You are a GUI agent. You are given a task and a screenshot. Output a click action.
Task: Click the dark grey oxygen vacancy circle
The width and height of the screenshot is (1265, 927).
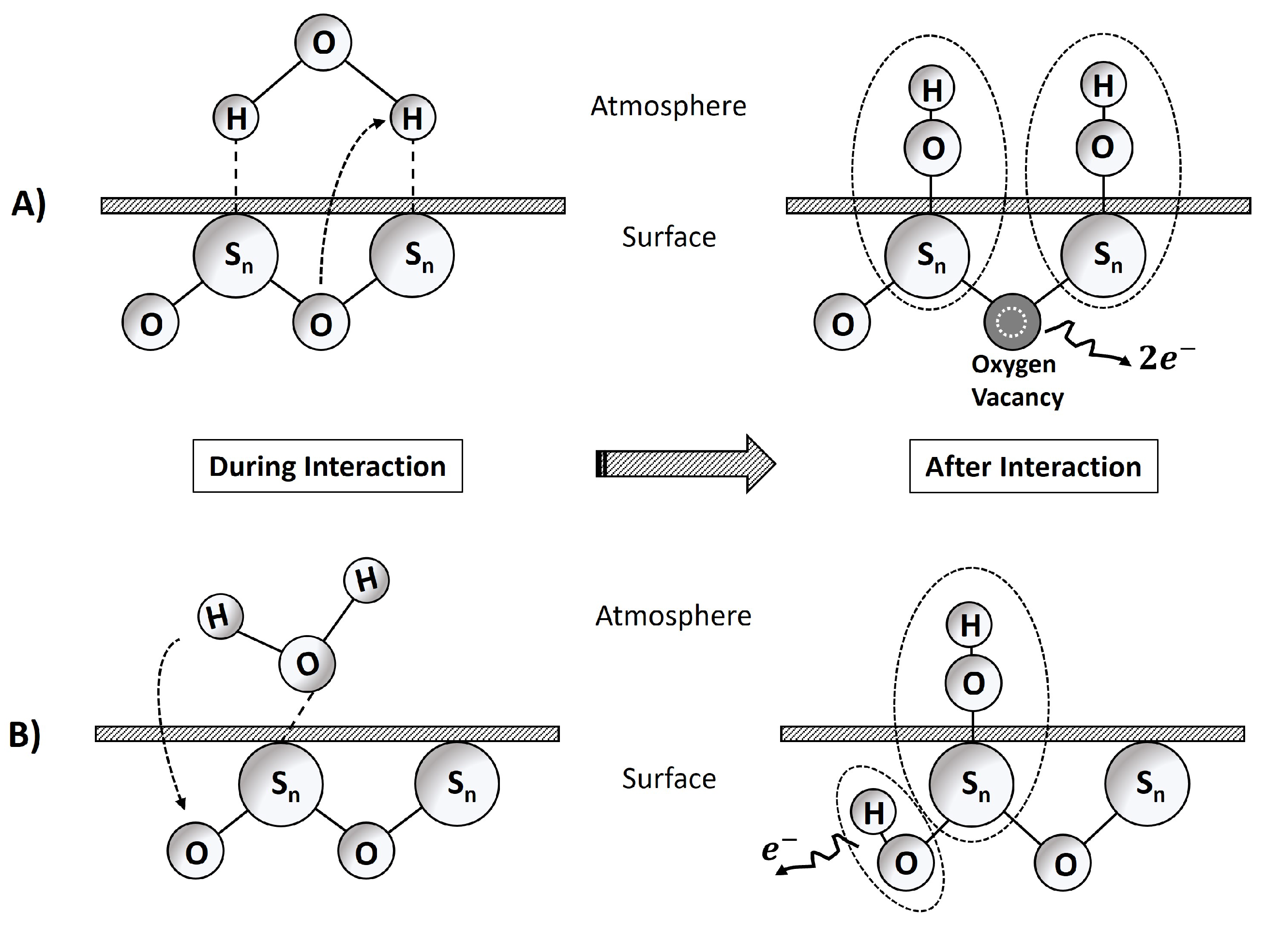[1012, 322]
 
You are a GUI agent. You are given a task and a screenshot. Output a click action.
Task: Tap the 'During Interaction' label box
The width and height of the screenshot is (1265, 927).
[328, 466]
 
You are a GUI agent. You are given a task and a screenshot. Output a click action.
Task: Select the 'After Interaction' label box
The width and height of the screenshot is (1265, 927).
[1033, 466]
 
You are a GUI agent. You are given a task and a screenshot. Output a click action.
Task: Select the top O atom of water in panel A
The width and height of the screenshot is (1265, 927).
[324, 43]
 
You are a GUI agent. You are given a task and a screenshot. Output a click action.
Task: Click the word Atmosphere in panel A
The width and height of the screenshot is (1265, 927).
[668, 106]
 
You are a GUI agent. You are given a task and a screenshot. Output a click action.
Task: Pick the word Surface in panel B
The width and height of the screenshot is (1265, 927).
[669, 779]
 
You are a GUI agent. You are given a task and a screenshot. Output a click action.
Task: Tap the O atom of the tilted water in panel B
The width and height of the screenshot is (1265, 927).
[307, 664]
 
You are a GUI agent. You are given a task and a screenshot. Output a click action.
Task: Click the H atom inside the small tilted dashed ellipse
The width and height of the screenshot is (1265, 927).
[873, 813]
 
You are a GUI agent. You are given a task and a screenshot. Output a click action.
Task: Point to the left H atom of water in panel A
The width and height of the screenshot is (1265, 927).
[236, 118]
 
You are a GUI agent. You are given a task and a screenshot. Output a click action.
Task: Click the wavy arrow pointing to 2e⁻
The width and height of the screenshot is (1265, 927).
[1085, 342]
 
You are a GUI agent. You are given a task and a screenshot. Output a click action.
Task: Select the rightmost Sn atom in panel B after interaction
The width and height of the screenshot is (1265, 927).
[1146, 783]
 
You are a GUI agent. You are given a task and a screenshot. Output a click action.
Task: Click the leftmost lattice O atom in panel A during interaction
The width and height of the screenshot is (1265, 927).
[151, 323]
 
